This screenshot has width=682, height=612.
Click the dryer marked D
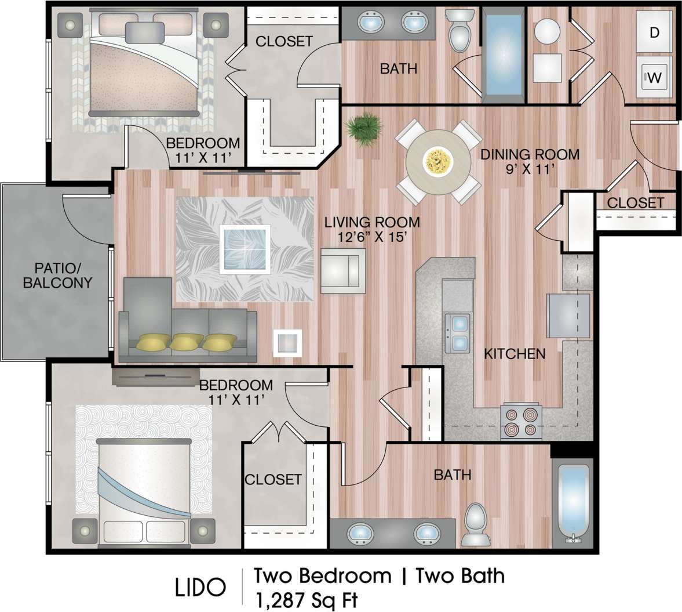click(654, 33)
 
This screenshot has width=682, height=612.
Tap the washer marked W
click(654, 77)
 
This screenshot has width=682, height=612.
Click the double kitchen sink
click(457, 333)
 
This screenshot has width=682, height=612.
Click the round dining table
click(438, 162)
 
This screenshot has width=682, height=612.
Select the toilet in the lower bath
click(477, 523)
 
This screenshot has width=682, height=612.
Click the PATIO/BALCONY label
click(56, 276)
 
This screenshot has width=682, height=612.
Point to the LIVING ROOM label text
click(372, 222)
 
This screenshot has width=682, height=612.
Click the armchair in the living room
click(343, 271)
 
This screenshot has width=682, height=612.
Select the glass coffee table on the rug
click(245, 249)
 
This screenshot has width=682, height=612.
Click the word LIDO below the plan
click(200, 587)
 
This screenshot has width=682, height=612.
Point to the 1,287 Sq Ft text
click(306, 599)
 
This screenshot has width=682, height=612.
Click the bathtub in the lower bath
click(572, 504)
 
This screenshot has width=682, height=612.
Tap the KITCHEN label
click(515, 353)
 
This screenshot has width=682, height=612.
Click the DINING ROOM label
click(530, 154)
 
